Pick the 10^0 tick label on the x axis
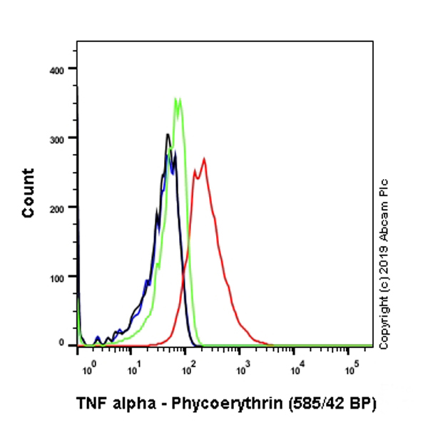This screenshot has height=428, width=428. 88,370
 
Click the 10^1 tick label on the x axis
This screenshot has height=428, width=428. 134,370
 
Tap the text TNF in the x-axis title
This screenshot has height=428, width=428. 90,404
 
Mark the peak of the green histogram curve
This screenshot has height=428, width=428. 177,98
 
